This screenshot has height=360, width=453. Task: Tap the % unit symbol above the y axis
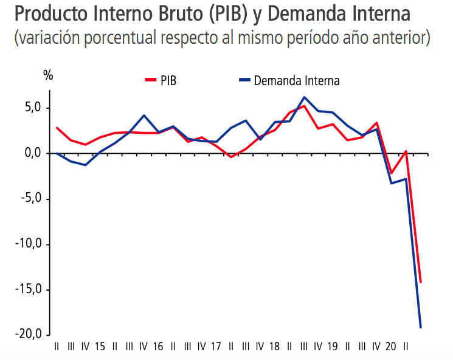(x=48, y=76)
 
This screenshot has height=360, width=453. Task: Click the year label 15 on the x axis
(x=100, y=347)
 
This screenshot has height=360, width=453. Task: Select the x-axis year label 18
(x=274, y=347)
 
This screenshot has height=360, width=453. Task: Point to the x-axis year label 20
(x=391, y=347)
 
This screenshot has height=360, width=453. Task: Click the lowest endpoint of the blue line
(x=420, y=327)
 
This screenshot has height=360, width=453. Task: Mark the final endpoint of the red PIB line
(x=420, y=282)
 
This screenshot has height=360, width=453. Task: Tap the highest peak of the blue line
(x=304, y=97)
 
